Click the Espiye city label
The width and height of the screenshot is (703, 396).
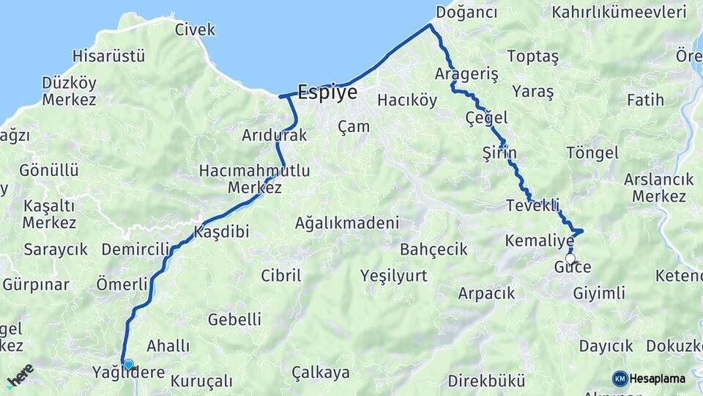pyautogui.click(x=327, y=92)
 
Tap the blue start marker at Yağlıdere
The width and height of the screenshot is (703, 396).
pyautogui.click(x=129, y=364)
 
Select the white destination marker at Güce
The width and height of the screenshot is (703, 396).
pyautogui.click(x=570, y=258)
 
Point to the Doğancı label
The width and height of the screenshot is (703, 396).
pyautogui.click(x=466, y=12)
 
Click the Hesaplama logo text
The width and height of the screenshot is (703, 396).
pyautogui.click(x=658, y=378)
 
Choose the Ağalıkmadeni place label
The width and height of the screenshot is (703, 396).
pyautogui.click(x=347, y=222)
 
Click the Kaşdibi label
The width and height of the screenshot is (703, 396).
pyautogui.click(x=222, y=232)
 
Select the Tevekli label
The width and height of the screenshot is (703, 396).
pyautogui.click(x=532, y=205)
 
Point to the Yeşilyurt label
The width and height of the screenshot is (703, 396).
pyautogui.click(x=393, y=276)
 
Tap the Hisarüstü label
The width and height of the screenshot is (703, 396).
pyautogui.click(x=109, y=56)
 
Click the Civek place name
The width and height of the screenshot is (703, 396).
pyautogui.click(x=196, y=29)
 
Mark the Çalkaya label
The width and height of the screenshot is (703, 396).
pyautogui.click(x=321, y=372)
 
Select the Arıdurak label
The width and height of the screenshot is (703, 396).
pyautogui.click(x=275, y=136)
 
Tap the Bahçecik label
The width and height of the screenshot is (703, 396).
pyautogui.click(x=434, y=249)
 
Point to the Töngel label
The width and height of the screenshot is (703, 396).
pyautogui.click(x=592, y=153)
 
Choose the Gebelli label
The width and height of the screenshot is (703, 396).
pyautogui.click(x=234, y=319)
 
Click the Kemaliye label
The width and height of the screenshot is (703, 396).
pyautogui.click(x=540, y=241)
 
